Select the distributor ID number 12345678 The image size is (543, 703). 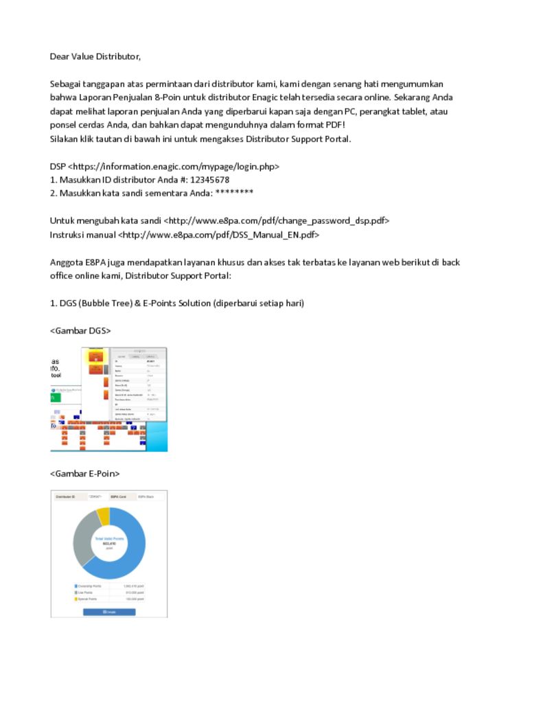tap(209, 180)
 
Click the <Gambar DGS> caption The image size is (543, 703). tap(80, 331)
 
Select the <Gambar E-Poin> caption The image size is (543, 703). tap(85, 474)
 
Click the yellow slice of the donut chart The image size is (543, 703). tap(103, 515)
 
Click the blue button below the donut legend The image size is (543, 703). tap(109, 612)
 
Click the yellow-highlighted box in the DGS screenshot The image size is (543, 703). tap(95, 355)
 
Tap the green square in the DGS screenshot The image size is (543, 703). tap(54, 397)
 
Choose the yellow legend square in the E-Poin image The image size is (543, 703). tap(76, 599)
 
